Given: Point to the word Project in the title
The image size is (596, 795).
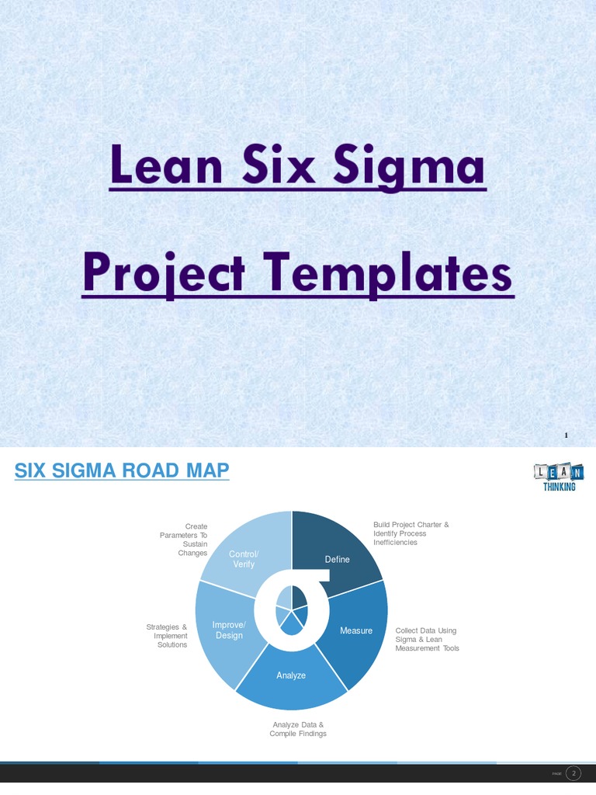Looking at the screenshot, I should (175, 275).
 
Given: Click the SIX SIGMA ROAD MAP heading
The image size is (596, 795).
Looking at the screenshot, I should (123, 470).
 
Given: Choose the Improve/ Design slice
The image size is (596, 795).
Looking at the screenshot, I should (225, 630).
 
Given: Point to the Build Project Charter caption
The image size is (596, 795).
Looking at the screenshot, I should (411, 533).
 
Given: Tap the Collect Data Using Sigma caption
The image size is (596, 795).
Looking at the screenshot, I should (427, 639).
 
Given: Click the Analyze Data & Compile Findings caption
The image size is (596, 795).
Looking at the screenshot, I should (298, 729).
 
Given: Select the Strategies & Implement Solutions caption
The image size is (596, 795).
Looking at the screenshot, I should (167, 636).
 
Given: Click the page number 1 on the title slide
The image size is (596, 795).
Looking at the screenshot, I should (567, 436).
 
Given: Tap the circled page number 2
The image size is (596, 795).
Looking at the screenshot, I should (573, 773).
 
